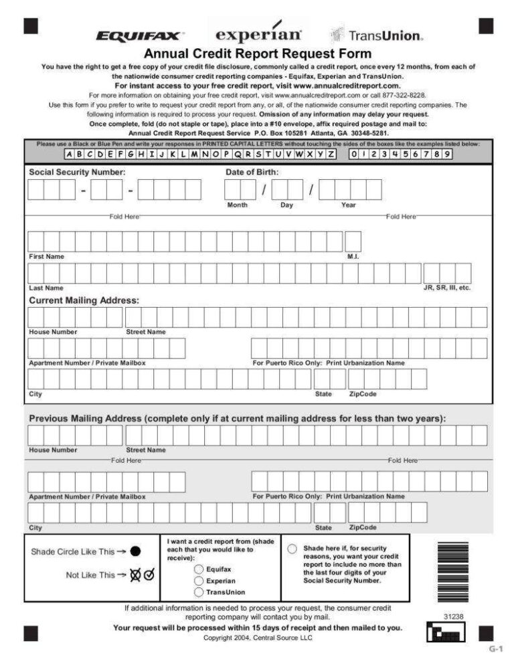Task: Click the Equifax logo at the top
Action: pos(140,35)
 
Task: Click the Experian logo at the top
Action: pos(259,34)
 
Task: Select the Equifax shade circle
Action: pos(199,569)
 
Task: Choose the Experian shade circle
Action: pos(199,581)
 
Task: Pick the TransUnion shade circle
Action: pos(199,592)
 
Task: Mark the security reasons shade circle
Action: pos(292,549)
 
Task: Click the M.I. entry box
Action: pos(353,241)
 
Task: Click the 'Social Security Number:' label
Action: pos(77,172)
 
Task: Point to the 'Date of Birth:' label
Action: pos(252,172)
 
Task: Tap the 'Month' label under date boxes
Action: pos(237,205)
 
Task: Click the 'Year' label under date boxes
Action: pos(349,205)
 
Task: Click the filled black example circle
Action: pos(135,552)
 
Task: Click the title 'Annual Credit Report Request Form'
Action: pos(258,54)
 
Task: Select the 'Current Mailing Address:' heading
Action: pos(84,300)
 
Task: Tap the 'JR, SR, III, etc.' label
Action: pos(447,287)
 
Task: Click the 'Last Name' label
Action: pos(46,288)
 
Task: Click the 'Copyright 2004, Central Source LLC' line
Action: pos(258,638)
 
